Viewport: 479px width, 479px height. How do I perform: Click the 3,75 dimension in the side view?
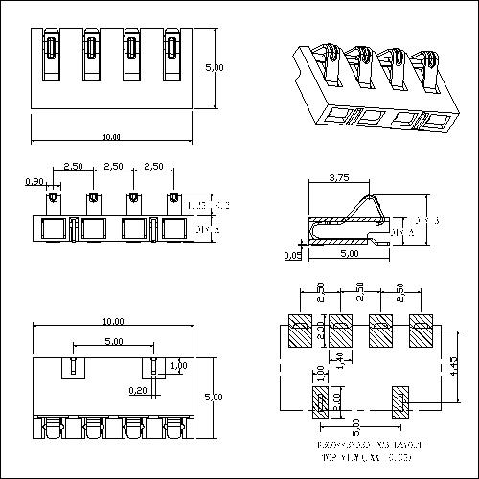tap(338, 177)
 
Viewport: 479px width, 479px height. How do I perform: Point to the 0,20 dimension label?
tap(139, 390)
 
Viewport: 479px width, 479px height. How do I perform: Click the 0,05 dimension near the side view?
tap(291, 256)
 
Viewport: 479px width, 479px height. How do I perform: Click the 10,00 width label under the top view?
tap(111, 137)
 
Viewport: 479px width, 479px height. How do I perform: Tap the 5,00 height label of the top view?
tap(216, 68)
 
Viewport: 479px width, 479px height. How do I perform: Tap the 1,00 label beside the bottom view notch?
tap(177, 366)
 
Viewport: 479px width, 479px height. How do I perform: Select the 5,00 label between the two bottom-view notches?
tap(112, 341)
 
